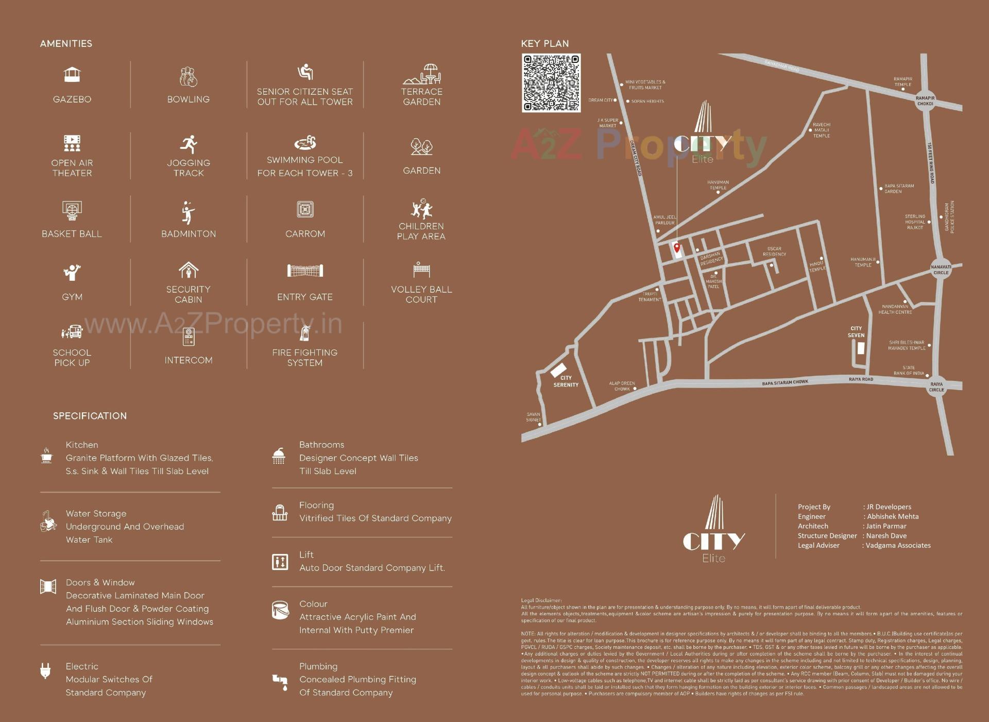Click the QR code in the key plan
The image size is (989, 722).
click(551, 83)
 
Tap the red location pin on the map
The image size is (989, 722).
click(677, 248)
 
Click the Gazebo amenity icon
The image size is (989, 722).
click(72, 75)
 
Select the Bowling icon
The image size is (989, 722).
click(189, 77)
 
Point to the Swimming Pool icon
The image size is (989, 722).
click(305, 142)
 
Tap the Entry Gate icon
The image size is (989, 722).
click(305, 270)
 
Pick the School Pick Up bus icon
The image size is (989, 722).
click(72, 332)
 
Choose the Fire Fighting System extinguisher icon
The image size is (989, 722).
click(305, 333)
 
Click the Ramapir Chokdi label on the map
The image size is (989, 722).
click(925, 100)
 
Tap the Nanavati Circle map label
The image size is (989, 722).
click(941, 270)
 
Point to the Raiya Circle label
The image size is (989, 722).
click(936, 387)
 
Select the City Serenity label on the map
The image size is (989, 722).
click(566, 381)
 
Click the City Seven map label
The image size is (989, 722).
click(856, 332)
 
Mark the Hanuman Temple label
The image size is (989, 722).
click(718, 184)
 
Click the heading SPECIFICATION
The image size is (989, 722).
click(90, 416)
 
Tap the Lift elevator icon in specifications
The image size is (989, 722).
click(280, 562)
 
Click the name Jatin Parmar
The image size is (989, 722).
click(886, 526)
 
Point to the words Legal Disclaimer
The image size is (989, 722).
click(541, 600)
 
